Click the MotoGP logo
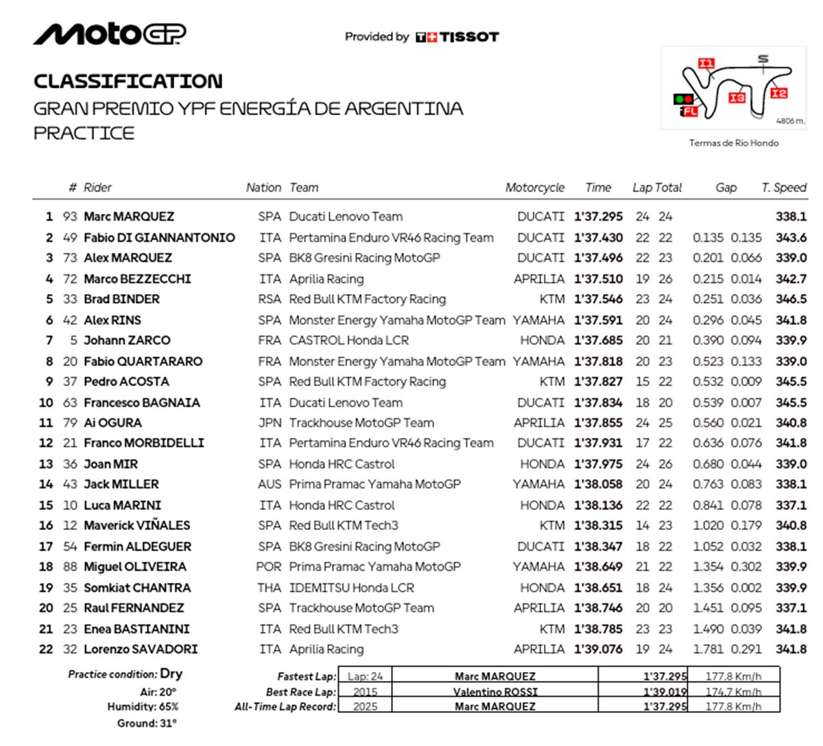(110, 34)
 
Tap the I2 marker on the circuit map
(778, 93)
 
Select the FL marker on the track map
(690, 111)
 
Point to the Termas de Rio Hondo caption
(734, 143)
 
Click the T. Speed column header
(784, 188)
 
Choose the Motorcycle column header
(535, 188)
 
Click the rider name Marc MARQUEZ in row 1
(129, 217)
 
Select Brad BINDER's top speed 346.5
(791, 299)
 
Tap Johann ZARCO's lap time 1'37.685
(599, 340)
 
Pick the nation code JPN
(270, 423)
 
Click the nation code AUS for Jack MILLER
(270, 484)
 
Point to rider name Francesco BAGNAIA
(142, 402)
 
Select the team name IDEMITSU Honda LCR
(351, 588)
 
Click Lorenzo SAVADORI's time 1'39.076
(599, 649)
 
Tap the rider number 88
(70, 567)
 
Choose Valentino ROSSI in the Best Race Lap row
(495, 692)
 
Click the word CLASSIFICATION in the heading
(128, 82)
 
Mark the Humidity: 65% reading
(143, 707)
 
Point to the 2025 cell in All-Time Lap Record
(365, 706)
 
